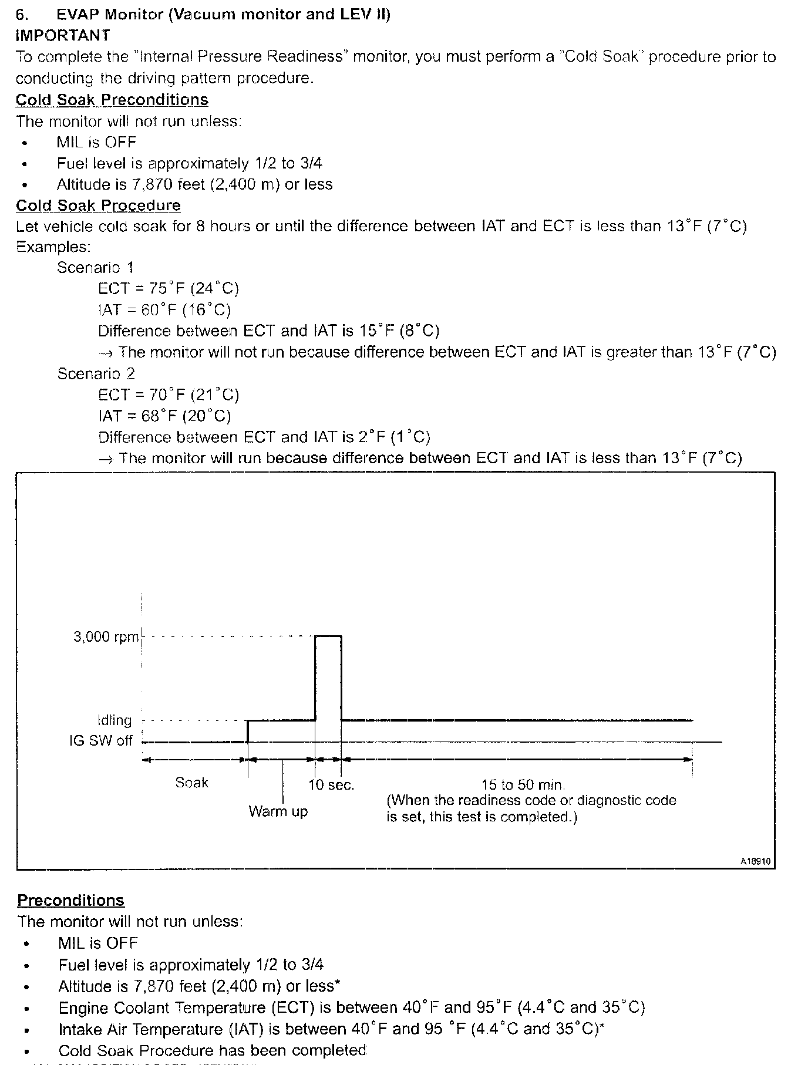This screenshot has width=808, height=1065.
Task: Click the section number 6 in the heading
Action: [x=22, y=14]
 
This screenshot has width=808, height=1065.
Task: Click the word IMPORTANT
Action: [x=62, y=35]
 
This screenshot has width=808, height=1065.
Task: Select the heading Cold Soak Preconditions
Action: [x=112, y=100]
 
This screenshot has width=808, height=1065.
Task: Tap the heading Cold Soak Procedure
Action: [x=98, y=205]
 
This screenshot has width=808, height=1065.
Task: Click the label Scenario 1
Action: [x=95, y=268]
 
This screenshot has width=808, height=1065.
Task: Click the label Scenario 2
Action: [x=96, y=373]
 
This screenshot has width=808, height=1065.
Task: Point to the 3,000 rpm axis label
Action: [x=106, y=637]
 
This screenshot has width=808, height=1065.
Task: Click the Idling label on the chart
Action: [x=115, y=720]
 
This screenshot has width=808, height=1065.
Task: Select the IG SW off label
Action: [x=101, y=740]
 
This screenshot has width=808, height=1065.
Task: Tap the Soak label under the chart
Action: [x=191, y=783]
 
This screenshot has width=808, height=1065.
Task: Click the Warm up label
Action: [x=278, y=811]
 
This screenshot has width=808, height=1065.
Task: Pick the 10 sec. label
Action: [x=331, y=785]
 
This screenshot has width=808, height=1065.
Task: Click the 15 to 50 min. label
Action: [x=523, y=784]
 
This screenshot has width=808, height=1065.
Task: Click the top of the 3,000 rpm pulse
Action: [x=328, y=636]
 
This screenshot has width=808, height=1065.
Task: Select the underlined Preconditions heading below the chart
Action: [x=70, y=901]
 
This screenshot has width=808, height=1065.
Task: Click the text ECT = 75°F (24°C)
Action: [x=169, y=289]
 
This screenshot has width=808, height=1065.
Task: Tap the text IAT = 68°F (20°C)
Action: [x=164, y=416]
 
